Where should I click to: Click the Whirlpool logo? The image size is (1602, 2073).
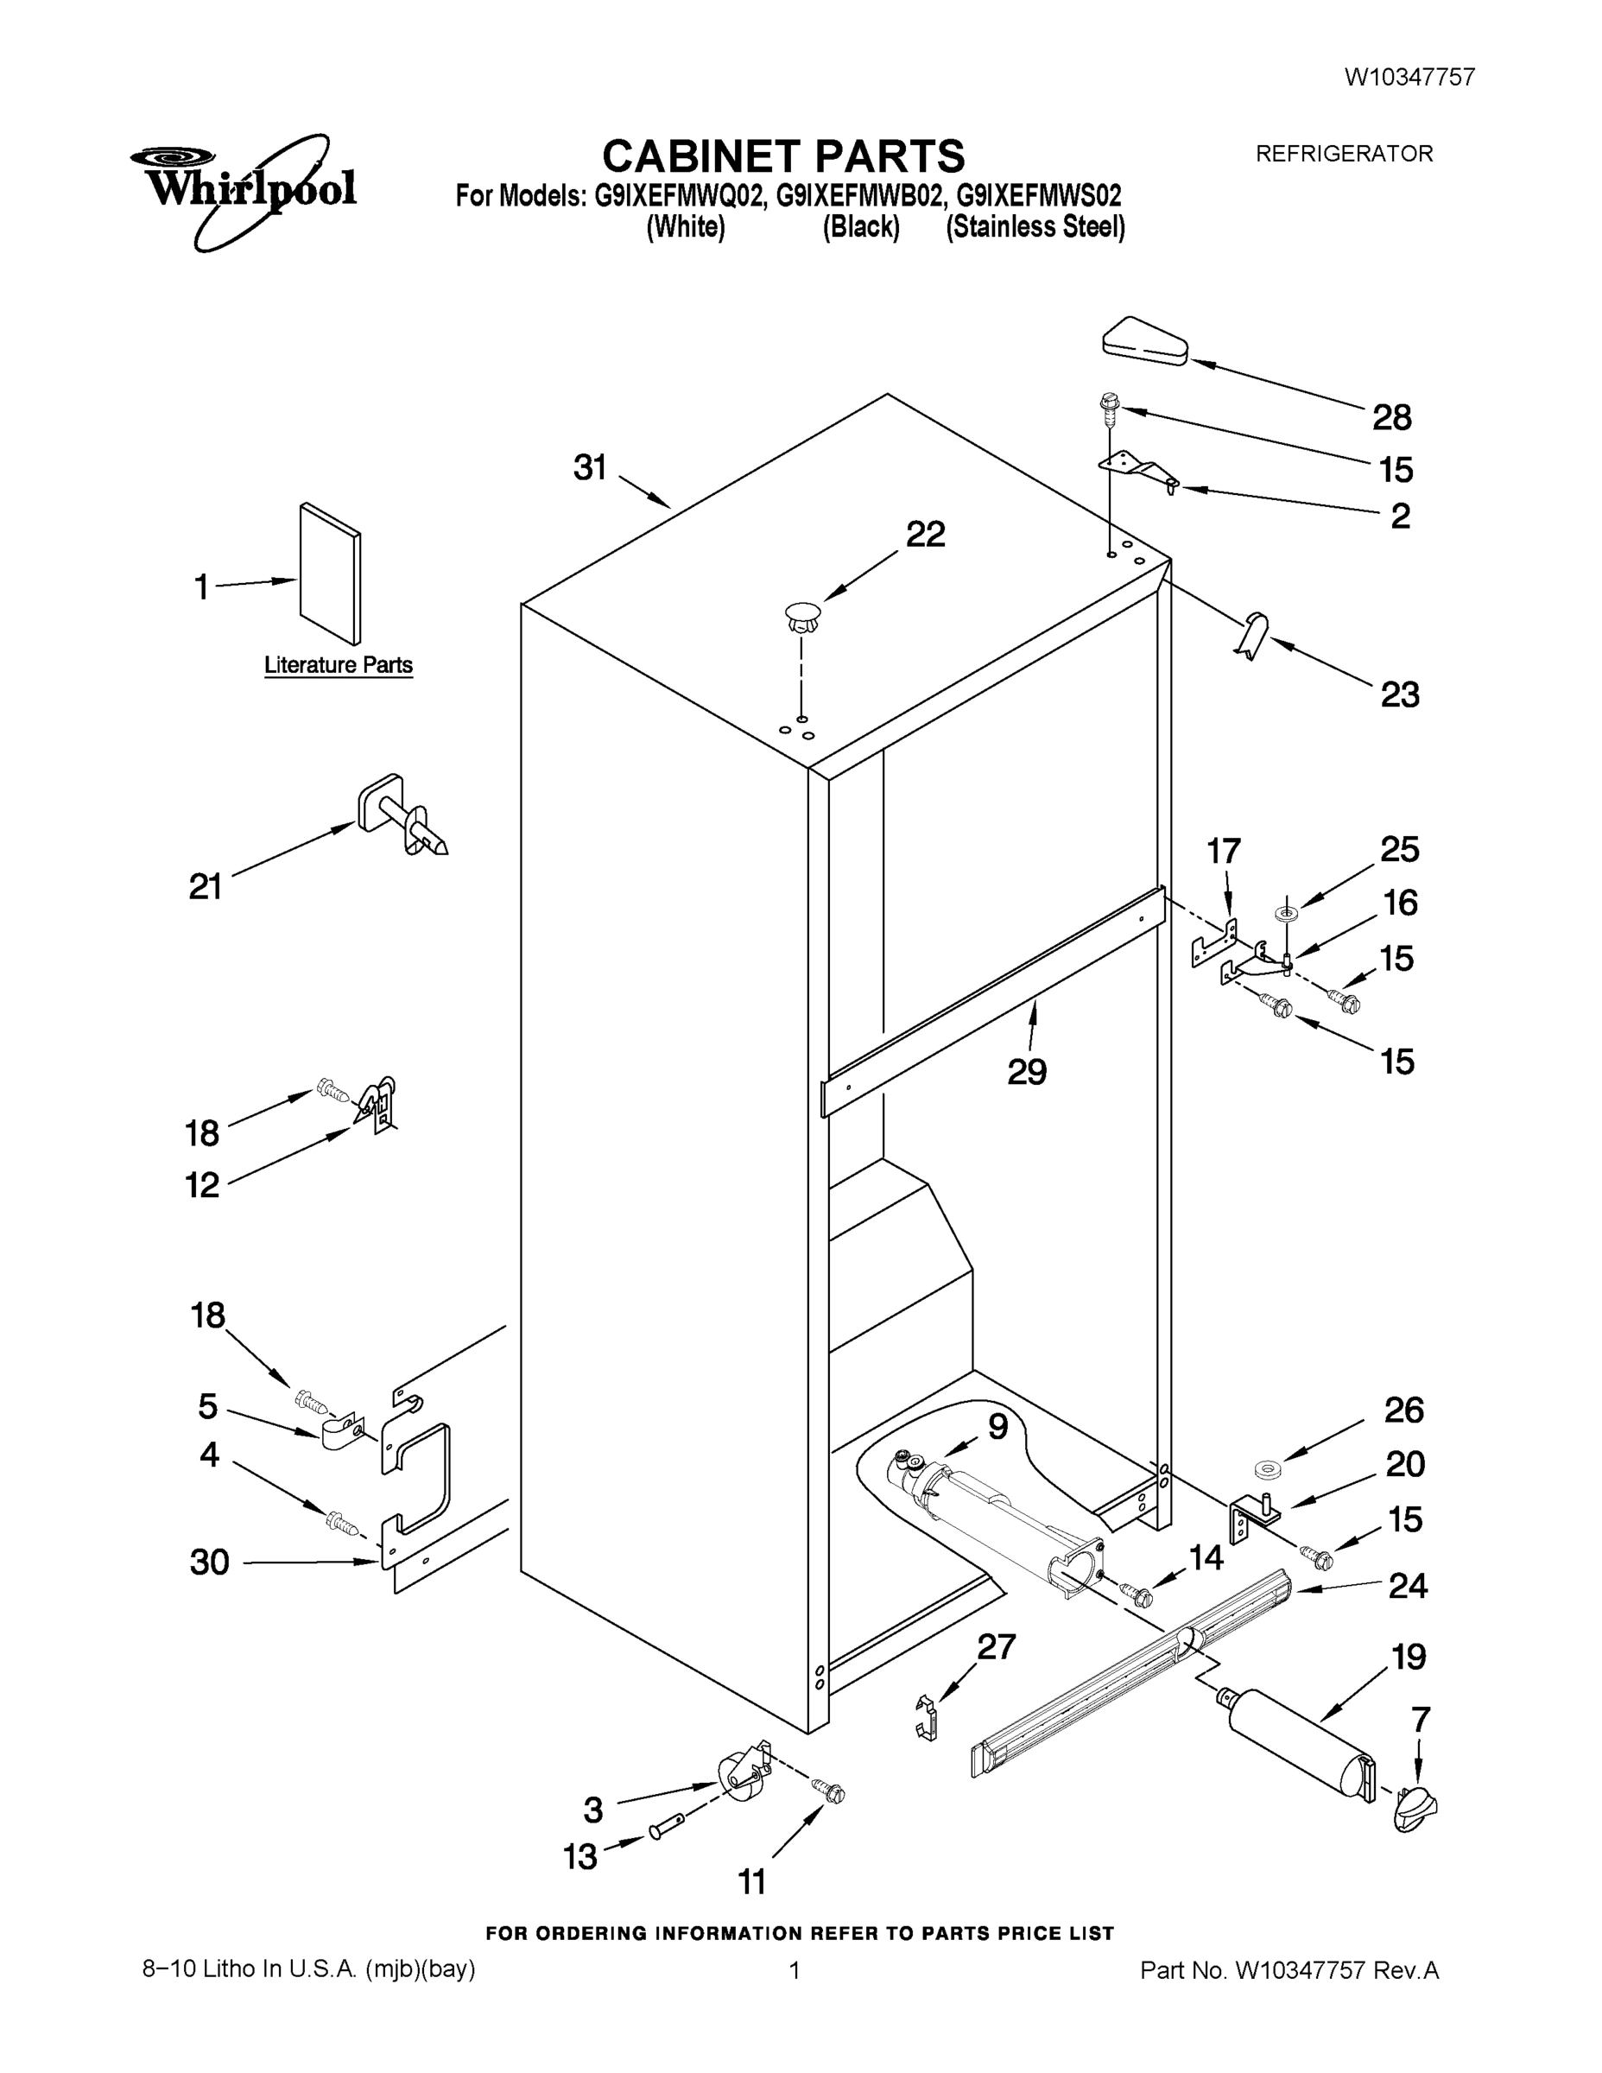243,190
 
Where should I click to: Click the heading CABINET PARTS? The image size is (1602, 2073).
783,155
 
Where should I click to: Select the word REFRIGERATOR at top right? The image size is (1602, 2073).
1344,154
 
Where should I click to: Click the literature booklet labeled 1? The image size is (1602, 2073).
329,574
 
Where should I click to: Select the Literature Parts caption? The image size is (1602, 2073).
338,664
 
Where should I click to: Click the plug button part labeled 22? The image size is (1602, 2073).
803,618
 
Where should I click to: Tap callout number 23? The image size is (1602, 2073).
1400,694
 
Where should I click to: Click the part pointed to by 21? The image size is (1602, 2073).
402,817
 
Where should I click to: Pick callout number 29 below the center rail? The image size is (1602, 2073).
1026,1072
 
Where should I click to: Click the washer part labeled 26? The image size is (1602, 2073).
1264,1471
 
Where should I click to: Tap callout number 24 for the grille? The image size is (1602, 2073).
1408,1585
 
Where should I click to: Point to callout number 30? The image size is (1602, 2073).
209,1562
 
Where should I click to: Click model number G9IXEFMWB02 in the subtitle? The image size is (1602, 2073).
860,196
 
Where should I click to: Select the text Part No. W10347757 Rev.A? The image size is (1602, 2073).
1289,1970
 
